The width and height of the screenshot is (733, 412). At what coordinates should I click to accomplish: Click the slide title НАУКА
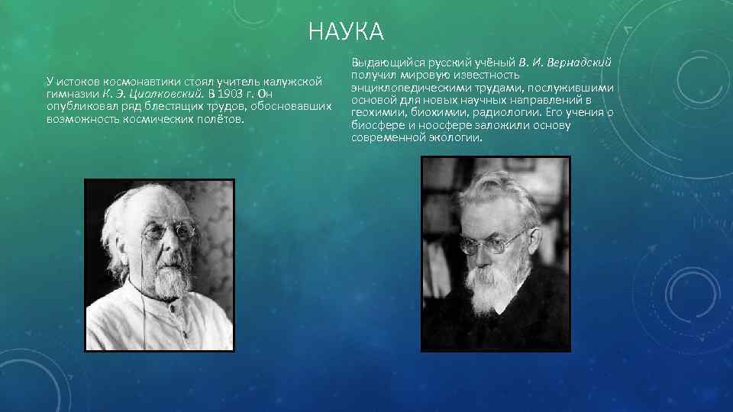point(346,33)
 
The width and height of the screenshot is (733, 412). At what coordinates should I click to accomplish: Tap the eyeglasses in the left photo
point(170,230)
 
